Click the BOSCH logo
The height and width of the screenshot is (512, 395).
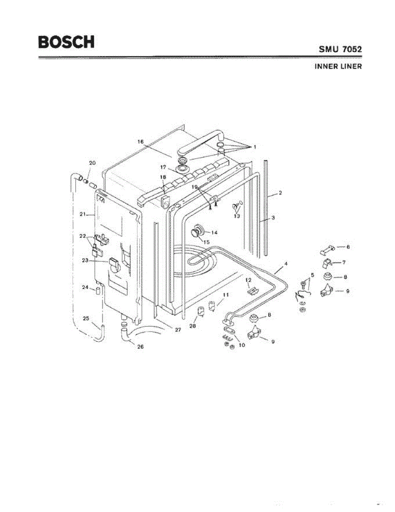66,42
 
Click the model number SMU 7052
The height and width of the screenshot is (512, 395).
340,49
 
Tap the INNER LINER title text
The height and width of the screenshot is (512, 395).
338,67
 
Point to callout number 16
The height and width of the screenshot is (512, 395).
140,141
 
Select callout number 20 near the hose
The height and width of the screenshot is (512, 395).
92,163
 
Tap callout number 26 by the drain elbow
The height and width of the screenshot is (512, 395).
140,346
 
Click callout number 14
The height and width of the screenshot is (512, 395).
214,233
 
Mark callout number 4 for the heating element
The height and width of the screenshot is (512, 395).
285,264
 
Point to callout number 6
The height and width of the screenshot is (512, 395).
348,247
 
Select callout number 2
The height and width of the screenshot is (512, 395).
280,193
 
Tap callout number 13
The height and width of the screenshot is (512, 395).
237,216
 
